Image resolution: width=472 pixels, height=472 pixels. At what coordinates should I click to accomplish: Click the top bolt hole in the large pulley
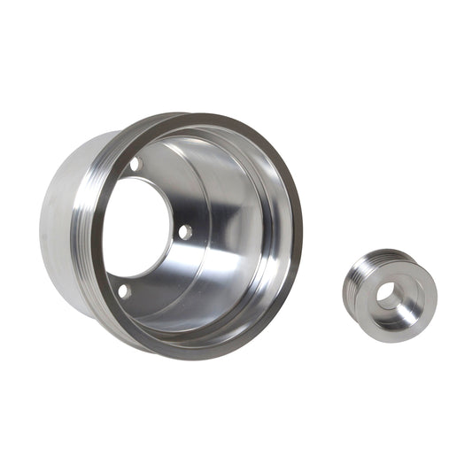point(135,165)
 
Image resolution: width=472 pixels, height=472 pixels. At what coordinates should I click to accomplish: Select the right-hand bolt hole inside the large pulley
point(185,231)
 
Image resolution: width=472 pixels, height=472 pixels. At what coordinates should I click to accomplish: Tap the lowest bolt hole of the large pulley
point(124,290)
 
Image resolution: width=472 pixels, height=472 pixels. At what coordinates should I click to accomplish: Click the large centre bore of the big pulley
point(133,226)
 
